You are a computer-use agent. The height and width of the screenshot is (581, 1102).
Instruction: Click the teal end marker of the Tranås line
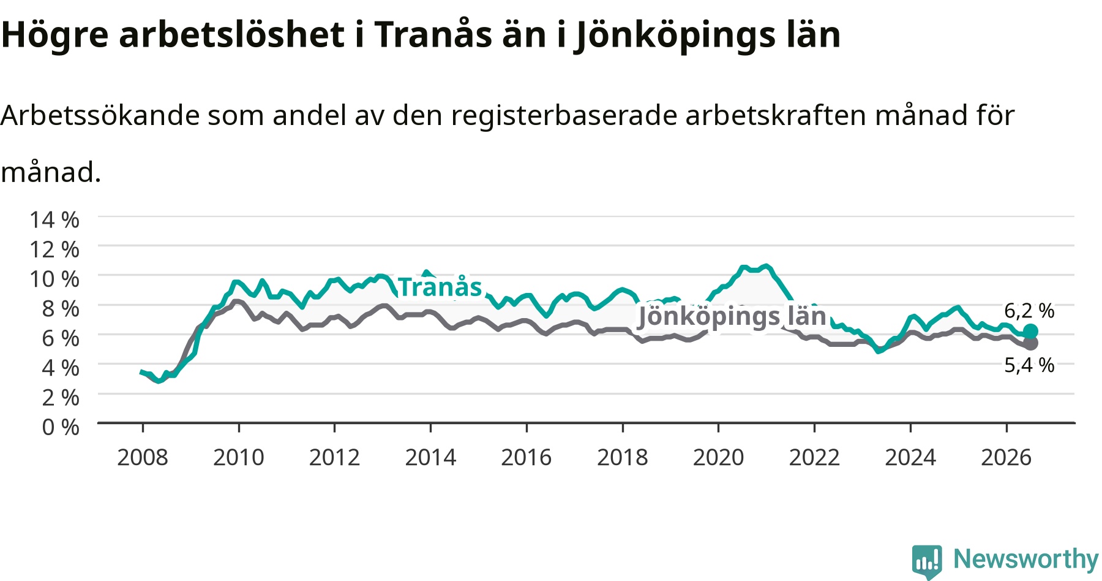(1030, 332)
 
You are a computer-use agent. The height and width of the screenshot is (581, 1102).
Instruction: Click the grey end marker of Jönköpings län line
(1030, 343)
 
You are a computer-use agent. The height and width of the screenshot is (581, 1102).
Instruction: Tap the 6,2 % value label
(1029, 311)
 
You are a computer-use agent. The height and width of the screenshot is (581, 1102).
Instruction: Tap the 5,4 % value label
(1029, 365)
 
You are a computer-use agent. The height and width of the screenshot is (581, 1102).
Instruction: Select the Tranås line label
(440, 287)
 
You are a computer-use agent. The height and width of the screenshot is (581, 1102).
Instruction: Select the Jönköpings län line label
(732, 316)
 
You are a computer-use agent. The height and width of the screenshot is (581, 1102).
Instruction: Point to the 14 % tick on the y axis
(54, 219)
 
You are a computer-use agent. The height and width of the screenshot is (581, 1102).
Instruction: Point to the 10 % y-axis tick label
(54, 279)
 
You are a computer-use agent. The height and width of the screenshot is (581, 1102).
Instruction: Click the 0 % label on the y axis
(61, 427)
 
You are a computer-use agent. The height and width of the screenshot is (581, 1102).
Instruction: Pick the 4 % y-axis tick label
(61, 368)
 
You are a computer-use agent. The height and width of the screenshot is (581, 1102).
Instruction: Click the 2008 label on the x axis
(143, 457)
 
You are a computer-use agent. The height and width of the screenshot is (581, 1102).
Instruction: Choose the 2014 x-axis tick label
(430, 457)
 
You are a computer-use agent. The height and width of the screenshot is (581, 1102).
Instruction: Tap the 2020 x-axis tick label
(719, 457)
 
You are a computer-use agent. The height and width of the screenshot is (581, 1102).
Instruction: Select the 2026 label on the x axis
(1006, 457)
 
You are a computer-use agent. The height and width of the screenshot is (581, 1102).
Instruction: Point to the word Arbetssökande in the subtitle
(100, 115)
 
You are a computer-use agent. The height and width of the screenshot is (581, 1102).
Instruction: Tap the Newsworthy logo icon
(927, 561)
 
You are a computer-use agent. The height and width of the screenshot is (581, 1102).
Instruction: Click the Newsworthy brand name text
(1026, 559)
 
